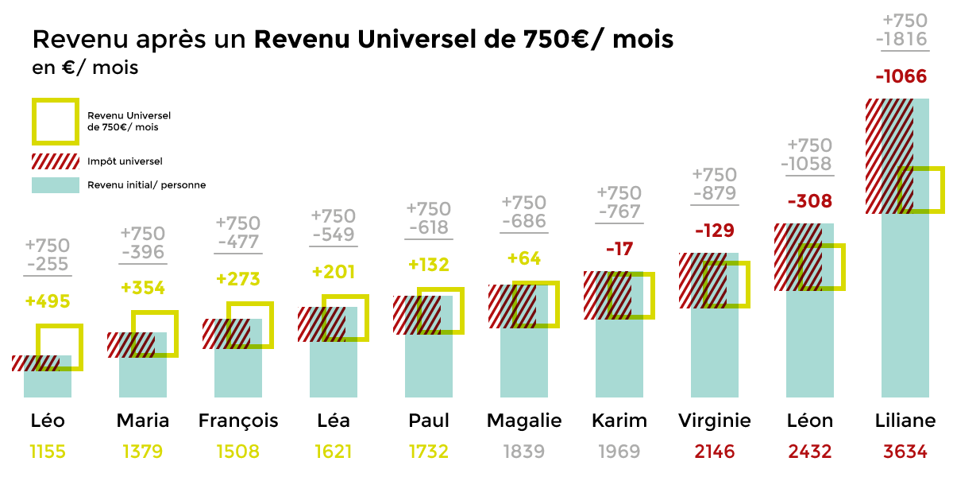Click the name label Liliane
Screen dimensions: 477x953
tap(905, 421)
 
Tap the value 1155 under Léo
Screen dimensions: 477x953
tap(48, 452)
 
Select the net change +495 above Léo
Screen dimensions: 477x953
tap(48, 301)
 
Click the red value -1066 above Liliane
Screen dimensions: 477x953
tap(901, 77)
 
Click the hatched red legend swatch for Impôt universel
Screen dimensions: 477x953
tap(56, 161)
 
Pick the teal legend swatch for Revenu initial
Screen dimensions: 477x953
tap(56, 185)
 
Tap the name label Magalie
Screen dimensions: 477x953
tap(524, 421)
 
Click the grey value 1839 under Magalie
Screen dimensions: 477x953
tap(524, 452)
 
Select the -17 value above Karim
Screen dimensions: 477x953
tap(619, 250)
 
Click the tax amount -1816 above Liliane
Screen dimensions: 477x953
tap(905, 40)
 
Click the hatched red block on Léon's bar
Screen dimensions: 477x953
tap(797, 257)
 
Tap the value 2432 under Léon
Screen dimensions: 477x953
tap(810, 452)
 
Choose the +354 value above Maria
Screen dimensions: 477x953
tap(143, 288)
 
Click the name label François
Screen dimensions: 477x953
tap(238, 421)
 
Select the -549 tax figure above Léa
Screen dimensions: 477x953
tap(334, 235)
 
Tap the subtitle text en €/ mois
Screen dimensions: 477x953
tap(85, 68)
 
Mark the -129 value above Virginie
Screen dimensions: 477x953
tap(715, 231)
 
